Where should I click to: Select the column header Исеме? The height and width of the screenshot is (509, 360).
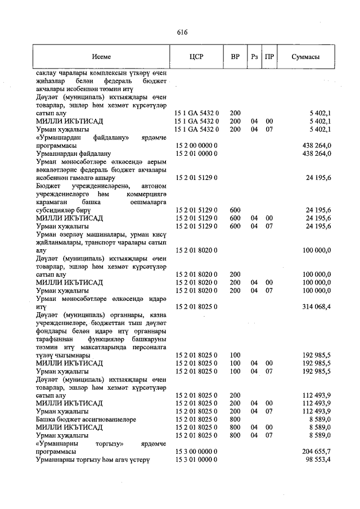(x=102, y=57)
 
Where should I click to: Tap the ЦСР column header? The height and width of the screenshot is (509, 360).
(x=196, y=57)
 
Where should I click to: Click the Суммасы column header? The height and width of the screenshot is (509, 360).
(x=306, y=57)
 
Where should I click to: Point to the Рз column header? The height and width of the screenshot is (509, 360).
(x=254, y=57)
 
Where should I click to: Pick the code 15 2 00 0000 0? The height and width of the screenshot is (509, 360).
(x=196, y=145)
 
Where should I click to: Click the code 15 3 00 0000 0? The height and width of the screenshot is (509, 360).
(x=196, y=451)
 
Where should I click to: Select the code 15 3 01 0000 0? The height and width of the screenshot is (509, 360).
(x=196, y=460)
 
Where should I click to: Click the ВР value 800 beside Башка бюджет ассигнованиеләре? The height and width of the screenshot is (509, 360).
(x=235, y=419)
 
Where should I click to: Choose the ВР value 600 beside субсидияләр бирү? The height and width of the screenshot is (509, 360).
(x=235, y=210)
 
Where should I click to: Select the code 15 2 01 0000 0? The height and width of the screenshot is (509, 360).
(x=196, y=153)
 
